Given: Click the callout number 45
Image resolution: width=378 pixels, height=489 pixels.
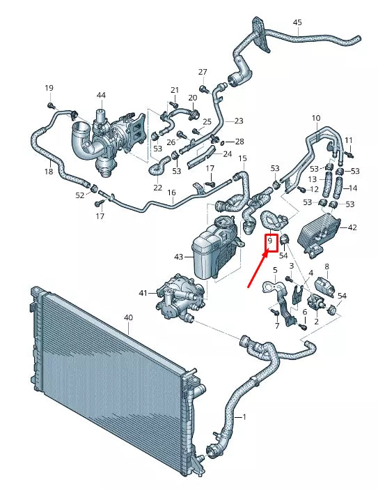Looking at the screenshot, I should click(297, 22).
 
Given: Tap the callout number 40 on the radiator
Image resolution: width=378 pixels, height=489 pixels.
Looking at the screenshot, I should click(128, 317).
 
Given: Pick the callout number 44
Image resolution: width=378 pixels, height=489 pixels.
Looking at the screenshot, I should click(101, 95).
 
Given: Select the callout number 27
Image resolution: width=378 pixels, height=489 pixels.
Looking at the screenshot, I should click(203, 73).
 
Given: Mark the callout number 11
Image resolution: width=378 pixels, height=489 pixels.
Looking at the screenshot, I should click(348, 140).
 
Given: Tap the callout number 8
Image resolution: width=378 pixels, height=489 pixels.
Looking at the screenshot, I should click(327, 266).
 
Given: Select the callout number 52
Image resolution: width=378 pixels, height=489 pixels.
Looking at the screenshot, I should click(79, 195).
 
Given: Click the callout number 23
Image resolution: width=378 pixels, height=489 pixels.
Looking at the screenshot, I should click(238, 121).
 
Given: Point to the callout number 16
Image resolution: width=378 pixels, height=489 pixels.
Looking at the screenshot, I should click(171, 193).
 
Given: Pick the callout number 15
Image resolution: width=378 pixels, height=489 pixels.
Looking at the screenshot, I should click(242, 159).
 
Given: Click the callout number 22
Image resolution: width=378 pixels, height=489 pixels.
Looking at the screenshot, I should click(157, 188).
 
